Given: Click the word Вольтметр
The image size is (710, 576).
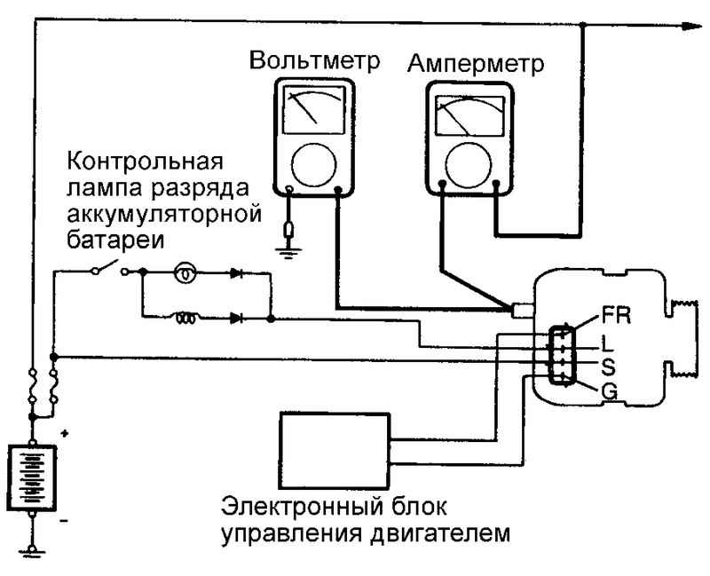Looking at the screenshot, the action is point(315,60).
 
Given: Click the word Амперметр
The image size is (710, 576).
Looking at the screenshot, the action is point(476,62).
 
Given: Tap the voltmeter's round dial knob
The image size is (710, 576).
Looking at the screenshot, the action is point(314,165).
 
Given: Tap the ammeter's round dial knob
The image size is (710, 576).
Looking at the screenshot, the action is point(469,165).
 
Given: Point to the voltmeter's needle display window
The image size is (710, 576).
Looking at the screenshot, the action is point(314,110).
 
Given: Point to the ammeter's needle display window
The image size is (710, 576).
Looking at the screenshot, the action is point(469,115).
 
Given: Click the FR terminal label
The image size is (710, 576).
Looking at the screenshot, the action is point(616,316).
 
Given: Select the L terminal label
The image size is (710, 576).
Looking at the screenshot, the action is point(607,343).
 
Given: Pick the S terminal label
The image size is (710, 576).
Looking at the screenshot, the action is point(608,367).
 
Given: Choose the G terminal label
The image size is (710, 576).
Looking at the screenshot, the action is point(610,391).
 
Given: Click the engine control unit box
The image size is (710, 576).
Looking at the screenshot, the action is point(335,451).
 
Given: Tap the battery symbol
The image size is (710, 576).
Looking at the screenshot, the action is point(32,477).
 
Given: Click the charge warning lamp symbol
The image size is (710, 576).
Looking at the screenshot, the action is point(185,272).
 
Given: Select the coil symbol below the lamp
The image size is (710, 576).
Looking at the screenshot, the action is point(185,319).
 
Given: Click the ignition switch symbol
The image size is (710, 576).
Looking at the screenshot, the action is point(109,268).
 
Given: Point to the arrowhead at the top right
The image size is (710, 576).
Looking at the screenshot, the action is point(693,27).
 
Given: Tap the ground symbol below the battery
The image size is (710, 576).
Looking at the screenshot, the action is point(32,551).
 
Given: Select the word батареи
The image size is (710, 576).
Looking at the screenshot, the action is point(116,239).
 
